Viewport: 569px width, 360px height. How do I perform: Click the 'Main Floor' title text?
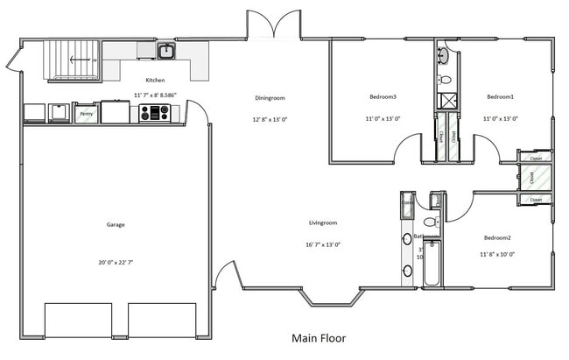coord(319,337)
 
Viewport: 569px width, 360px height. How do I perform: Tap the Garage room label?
coord(116,224)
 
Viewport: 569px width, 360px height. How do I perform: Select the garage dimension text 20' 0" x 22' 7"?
coord(116,263)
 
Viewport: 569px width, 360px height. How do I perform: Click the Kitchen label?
coord(156,80)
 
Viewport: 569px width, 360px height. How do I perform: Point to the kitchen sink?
coord(166,52)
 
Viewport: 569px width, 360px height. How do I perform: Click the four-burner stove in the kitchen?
coord(154,112)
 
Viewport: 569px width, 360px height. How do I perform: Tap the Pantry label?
coord(87,114)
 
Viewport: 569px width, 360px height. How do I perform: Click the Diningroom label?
coord(270,98)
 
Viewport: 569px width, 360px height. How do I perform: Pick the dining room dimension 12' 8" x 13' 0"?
coord(270,118)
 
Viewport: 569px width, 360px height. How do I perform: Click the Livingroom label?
coord(323,222)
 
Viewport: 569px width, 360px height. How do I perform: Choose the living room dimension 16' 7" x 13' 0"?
coord(323,244)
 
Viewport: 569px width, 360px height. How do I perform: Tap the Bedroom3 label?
coord(383,96)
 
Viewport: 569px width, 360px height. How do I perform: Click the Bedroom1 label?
coord(501,96)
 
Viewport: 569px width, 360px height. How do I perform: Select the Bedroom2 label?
coord(497,237)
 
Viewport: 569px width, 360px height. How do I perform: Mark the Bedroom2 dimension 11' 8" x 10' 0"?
coord(497,254)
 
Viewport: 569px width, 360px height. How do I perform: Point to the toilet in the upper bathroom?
coord(444,79)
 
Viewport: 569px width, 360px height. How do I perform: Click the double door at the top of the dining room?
coord(274,25)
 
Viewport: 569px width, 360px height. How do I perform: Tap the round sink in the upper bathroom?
coord(444,57)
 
